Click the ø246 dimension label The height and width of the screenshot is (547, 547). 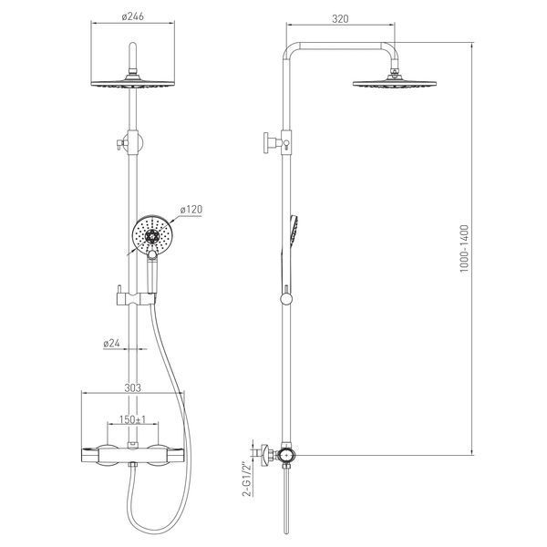click(132, 16)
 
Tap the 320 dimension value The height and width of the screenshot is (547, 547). click(340, 18)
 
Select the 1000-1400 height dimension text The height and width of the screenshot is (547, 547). click(465, 248)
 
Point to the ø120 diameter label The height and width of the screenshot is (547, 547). click(191, 210)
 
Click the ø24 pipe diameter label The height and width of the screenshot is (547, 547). click(111, 344)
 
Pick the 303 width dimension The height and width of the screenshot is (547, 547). click(133, 387)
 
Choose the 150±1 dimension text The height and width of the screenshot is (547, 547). click(132, 419)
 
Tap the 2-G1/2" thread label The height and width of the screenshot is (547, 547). click(247, 480)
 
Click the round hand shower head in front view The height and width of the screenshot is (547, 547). click(151, 235)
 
